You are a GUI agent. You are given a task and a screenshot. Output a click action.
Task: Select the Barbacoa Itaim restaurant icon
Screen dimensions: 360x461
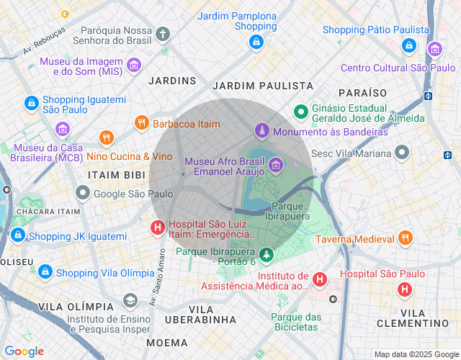click(x=141, y=123)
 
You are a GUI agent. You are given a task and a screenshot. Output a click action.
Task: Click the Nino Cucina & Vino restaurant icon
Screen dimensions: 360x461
click(x=107, y=138)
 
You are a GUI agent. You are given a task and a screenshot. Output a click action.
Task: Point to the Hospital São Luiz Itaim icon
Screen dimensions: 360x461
click(x=156, y=228)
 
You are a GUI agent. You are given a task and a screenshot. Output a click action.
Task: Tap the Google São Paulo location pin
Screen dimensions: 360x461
click(x=84, y=193)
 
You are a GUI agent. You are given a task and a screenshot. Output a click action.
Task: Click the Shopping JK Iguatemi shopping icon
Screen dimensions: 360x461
click(x=17, y=235)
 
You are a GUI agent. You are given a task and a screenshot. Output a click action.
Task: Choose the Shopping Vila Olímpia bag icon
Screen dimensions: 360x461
click(x=45, y=272)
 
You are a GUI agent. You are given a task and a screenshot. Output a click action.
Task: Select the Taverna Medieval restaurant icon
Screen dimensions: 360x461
click(x=405, y=238)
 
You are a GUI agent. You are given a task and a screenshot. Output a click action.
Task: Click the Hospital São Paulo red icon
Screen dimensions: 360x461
click(x=405, y=289)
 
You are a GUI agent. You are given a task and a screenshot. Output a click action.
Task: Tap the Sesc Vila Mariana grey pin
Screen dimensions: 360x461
click(x=402, y=153)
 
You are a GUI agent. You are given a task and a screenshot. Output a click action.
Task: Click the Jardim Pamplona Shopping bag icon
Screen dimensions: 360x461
click(x=255, y=42)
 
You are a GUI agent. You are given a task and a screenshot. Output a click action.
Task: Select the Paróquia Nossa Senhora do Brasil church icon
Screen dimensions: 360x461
click(x=163, y=34)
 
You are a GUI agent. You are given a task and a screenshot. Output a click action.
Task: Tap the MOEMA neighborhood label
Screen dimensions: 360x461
click(x=168, y=342)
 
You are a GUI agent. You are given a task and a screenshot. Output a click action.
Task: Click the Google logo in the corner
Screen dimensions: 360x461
click(x=24, y=351)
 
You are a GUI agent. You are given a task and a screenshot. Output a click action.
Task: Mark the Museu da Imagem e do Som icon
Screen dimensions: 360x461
click(x=133, y=66)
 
